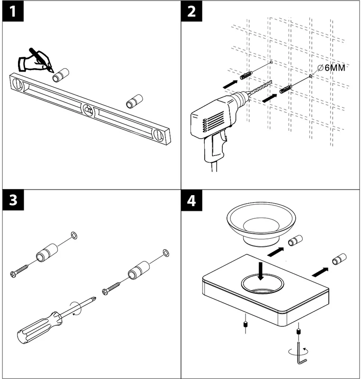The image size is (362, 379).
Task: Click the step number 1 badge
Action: click(x=14, y=12)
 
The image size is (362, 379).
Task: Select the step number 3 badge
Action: click(x=14, y=201)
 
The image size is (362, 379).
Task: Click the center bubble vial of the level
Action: click(x=88, y=110)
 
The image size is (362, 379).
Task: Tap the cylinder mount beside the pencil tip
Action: click(x=61, y=75)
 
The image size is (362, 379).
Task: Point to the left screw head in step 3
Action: click(x=14, y=273)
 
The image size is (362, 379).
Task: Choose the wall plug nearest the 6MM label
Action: click(x=285, y=89)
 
